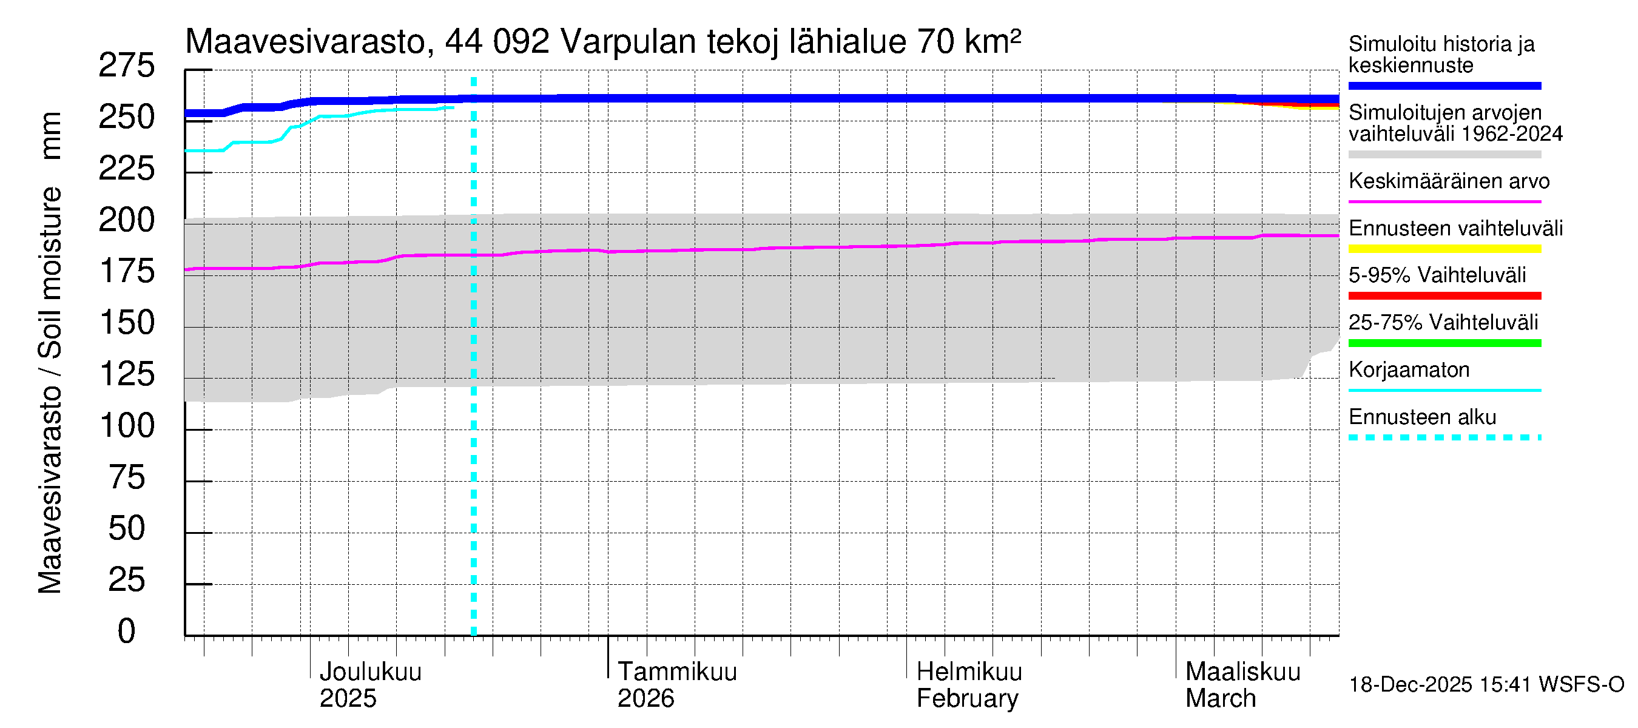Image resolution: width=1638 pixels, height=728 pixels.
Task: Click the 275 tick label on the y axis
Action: [x=126, y=66]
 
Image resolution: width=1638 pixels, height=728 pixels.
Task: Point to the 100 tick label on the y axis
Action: [x=127, y=425]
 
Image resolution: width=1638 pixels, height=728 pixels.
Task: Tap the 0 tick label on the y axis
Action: [x=127, y=631]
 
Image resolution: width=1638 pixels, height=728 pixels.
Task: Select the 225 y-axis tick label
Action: [x=126, y=169]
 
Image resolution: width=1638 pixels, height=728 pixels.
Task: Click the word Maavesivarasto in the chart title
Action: [x=305, y=42]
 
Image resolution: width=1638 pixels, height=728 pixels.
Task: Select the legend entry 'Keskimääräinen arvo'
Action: [x=1449, y=181]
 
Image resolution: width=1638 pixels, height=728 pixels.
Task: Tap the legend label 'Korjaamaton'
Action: [x=1409, y=369]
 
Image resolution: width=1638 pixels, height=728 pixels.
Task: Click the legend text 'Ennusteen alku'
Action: [x=1423, y=417]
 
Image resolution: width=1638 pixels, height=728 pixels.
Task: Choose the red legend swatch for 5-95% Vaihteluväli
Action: [x=1444, y=295]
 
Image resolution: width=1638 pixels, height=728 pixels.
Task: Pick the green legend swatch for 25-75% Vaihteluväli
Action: [x=1444, y=343]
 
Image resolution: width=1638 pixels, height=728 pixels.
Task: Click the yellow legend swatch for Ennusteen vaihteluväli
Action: [x=1444, y=249]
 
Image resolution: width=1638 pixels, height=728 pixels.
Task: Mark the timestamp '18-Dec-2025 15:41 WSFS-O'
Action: [x=1486, y=684]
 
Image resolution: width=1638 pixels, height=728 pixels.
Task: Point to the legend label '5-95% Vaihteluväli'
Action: [x=1437, y=275]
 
